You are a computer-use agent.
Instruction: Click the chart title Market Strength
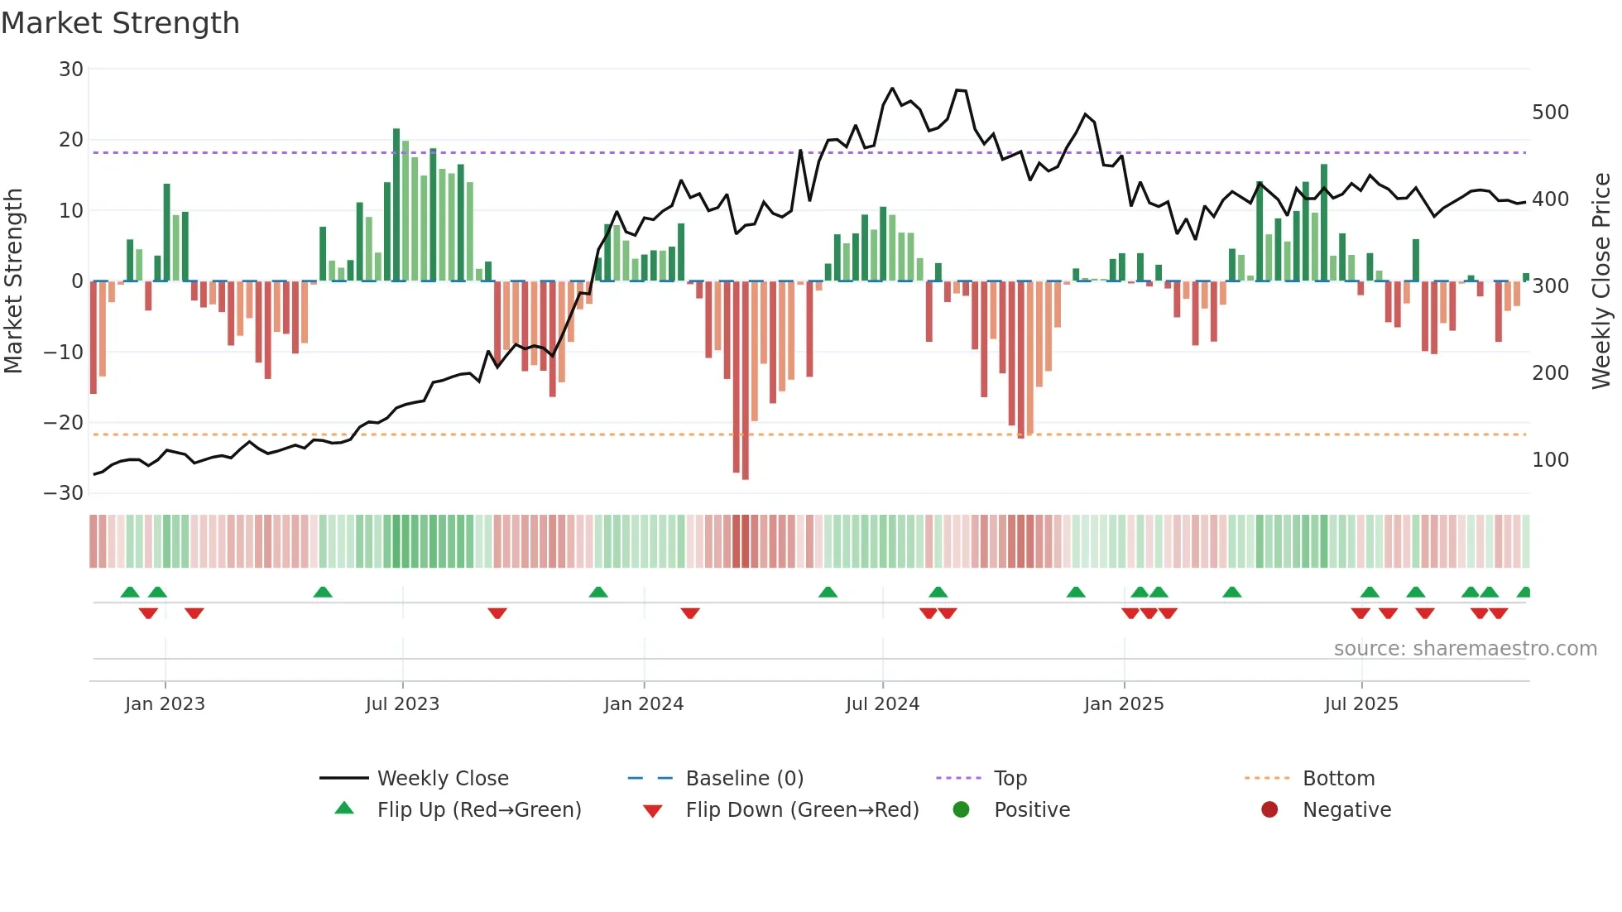[120, 23]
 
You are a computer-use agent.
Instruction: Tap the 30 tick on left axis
[71, 70]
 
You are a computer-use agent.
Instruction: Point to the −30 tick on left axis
[64, 493]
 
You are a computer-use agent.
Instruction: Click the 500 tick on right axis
[1550, 113]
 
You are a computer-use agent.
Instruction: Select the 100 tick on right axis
[1550, 460]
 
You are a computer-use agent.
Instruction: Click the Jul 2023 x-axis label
[402, 704]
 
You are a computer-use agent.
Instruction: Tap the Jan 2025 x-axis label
[1123, 704]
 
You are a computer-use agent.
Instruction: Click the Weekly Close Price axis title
[1601, 281]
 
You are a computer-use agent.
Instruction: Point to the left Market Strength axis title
[13, 281]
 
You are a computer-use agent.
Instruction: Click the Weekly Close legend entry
[442, 779]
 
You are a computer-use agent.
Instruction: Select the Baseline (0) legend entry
[744, 779]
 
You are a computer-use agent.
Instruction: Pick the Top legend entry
[1010, 779]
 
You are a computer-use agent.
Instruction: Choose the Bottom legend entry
[1338, 779]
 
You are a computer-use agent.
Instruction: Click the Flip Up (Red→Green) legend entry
[478, 810]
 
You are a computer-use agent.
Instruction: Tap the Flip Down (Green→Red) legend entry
[801, 810]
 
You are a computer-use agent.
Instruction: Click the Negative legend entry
[1346, 810]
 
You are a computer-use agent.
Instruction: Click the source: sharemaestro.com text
[1465, 649]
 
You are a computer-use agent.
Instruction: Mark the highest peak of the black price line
[892, 89]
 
